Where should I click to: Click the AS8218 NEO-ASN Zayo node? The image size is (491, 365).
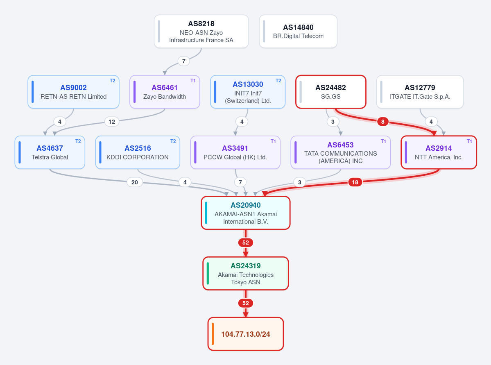tap(201, 31)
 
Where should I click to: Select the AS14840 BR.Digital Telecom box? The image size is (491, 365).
tap(298, 31)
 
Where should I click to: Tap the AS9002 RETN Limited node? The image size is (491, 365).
tap(74, 92)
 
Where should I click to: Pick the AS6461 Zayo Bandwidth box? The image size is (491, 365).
tap(165, 92)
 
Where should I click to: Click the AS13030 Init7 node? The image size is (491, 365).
tap(248, 92)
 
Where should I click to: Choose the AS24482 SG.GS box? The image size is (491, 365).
tap(331, 92)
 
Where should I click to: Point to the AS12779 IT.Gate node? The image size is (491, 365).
tap(420, 92)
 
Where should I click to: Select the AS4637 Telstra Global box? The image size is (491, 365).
tap(50, 152)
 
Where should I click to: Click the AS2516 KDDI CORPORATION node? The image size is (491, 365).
tap(138, 152)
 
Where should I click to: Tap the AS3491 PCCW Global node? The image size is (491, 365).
tap(235, 152)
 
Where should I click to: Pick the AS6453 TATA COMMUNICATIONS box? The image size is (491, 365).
tap(341, 152)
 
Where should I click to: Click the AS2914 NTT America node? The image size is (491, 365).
tap(439, 152)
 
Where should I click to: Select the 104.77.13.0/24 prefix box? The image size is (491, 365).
tap(246, 334)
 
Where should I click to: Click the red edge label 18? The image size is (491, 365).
tap(355, 182)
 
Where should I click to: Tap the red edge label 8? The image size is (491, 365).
tap(382, 122)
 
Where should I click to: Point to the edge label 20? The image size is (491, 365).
tap(135, 182)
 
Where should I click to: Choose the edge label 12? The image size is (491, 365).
tap(112, 122)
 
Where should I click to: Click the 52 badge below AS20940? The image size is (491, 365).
tap(246, 243)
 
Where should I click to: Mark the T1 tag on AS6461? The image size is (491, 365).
tap(193, 81)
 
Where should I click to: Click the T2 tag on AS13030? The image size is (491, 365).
tap(278, 81)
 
